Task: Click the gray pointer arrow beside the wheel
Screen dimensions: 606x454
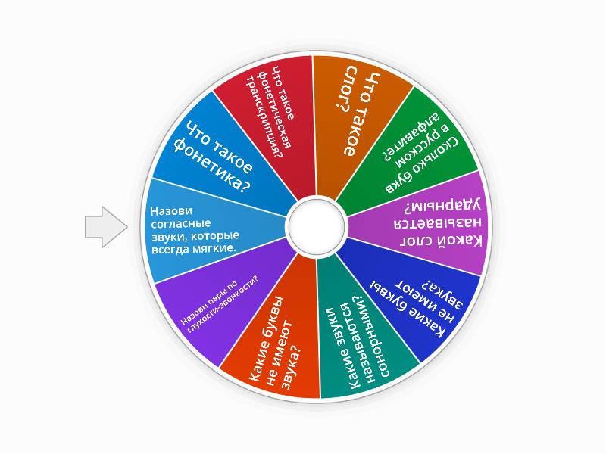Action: pos(105,226)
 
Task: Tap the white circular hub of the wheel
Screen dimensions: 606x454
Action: pos(316,225)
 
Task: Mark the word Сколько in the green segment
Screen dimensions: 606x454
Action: pos(442,157)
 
